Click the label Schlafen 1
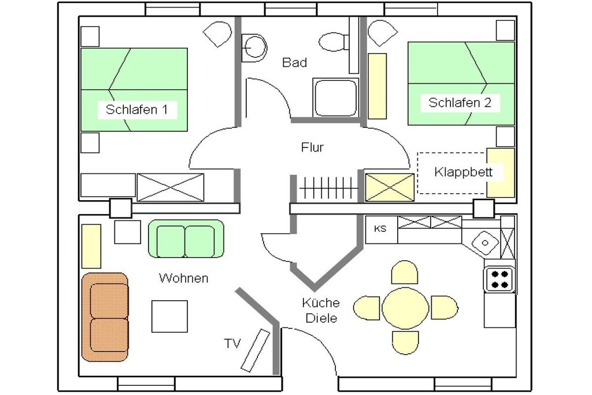136,109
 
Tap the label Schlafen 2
460,102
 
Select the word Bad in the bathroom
294,62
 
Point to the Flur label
312,147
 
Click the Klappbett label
463,172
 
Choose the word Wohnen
183,278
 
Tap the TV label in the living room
232,344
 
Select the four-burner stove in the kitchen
499,279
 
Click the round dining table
405,308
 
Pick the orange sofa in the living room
105,317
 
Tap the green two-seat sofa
186,239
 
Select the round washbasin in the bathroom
255,48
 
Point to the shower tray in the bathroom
335,97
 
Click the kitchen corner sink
485,242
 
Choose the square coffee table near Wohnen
169,316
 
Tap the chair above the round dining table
405,272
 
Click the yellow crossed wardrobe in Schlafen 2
390,187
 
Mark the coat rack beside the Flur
328,187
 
